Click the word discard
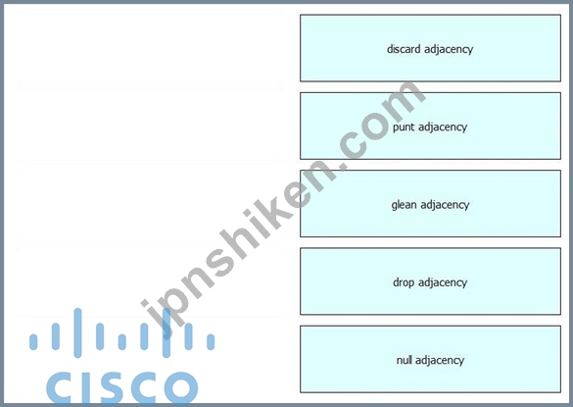404,49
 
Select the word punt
404,127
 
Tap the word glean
404,205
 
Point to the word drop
404,282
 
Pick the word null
405,360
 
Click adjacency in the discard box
449,49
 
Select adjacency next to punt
443,127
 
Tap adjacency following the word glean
445,205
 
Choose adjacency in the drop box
443,282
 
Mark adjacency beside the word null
440,361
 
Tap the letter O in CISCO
181,387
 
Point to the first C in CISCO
61,387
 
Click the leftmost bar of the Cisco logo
33,342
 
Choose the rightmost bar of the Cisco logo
211,342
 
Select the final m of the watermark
400,103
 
